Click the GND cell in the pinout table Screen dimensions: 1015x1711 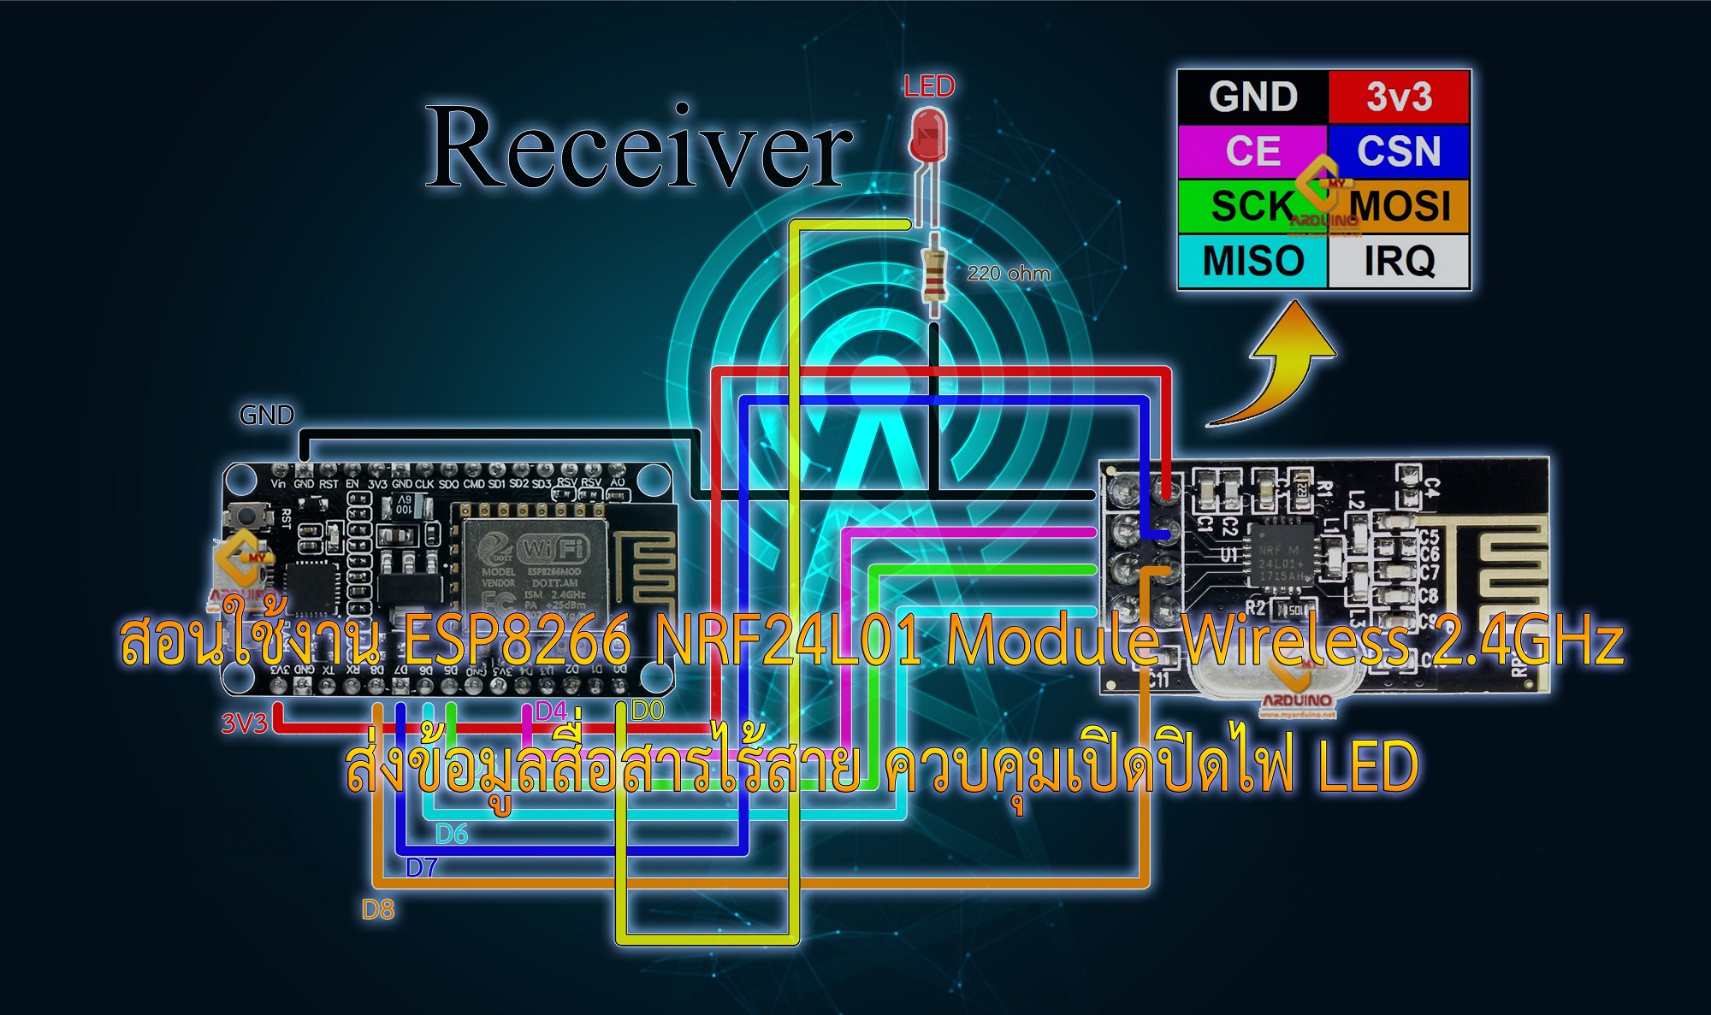(x=1252, y=97)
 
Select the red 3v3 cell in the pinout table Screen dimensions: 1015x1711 (x=1399, y=97)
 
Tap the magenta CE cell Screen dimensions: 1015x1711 (x=1252, y=151)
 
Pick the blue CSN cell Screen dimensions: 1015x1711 (x=1399, y=151)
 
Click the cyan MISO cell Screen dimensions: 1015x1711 (x=1252, y=261)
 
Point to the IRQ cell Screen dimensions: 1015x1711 (x=1399, y=261)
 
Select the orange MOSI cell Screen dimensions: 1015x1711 (x=1407, y=206)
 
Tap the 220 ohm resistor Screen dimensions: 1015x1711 (x=934, y=274)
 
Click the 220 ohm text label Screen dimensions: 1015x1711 (x=1009, y=274)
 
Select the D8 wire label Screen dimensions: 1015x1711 (x=378, y=910)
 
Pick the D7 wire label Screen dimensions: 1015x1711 (x=422, y=868)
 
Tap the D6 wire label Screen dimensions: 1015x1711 (x=452, y=834)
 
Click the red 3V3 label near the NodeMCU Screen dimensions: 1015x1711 (x=245, y=723)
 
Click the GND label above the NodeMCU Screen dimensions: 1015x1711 (x=267, y=416)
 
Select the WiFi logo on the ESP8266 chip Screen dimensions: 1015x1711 (x=554, y=547)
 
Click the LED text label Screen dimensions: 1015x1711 (x=929, y=86)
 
